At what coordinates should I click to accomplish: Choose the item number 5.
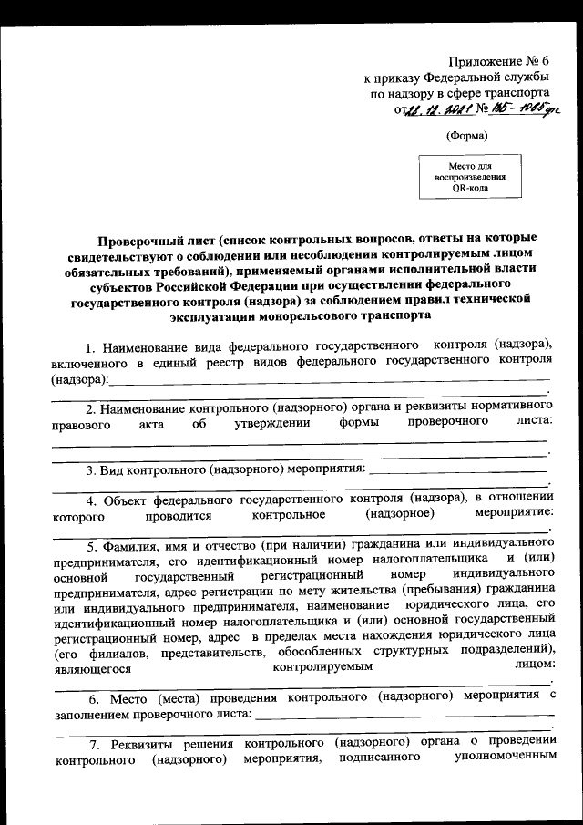[x=91, y=547]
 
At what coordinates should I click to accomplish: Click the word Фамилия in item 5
[x=129, y=547]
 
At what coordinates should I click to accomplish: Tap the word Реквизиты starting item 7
[x=135, y=744]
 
